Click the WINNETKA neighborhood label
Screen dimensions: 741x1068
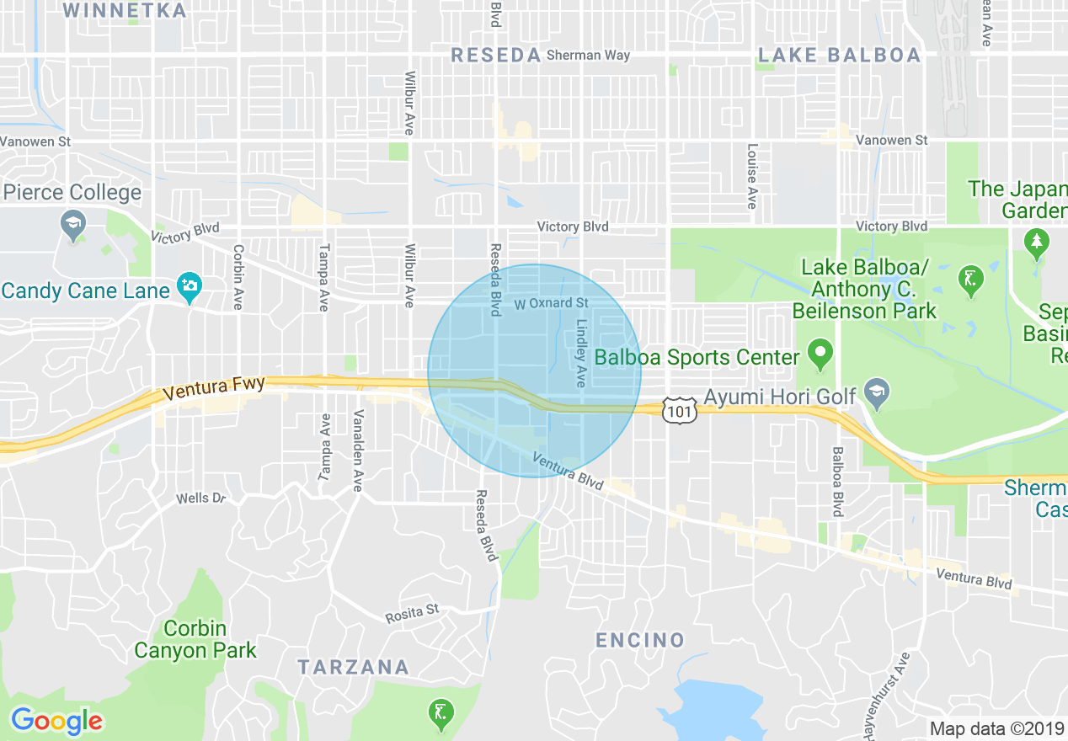(x=125, y=11)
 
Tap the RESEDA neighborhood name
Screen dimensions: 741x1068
(x=496, y=56)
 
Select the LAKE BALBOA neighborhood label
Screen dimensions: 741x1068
(x=839, y=56)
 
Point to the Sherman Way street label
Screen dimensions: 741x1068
(x=588, y=56)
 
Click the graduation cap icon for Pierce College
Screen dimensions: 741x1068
(x=73, y=224)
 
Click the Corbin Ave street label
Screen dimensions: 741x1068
(x=238, y=277)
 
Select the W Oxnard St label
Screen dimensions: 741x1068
(x=552, y=303)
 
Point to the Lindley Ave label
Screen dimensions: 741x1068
(x=580, y=353)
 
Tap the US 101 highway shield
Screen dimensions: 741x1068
(x=677, y=409)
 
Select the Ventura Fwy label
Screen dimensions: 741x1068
(x=214, y=388)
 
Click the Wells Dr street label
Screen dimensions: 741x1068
(x=201, y=498)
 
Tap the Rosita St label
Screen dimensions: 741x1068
(x=412, y=615)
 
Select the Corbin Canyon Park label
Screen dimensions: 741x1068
(x=195, y=640)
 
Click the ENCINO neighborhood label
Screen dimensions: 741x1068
(x=640, y=641)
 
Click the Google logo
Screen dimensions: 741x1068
(x=56, y=721)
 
